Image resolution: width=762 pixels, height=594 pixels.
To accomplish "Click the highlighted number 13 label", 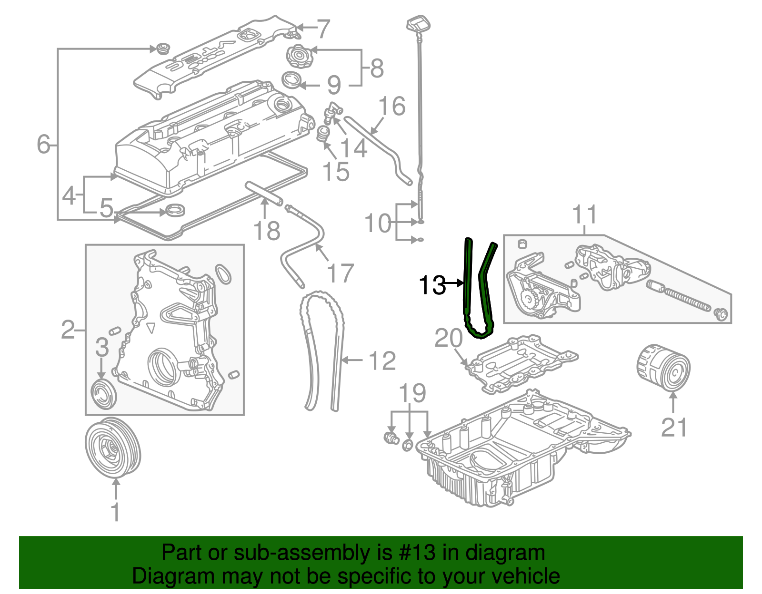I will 431,285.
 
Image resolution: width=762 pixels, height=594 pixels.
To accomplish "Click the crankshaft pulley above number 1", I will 113,447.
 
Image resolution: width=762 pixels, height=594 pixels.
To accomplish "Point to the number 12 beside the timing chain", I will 382,361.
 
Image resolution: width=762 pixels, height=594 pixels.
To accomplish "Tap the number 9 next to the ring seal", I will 334,86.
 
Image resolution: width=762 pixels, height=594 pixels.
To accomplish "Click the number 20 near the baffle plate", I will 448,339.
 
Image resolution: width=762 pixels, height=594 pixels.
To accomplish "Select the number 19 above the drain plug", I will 412,394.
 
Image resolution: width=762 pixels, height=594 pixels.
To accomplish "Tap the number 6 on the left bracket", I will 43,144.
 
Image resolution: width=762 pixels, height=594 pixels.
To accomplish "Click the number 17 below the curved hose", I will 341,273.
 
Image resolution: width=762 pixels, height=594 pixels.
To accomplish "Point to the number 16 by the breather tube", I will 392,106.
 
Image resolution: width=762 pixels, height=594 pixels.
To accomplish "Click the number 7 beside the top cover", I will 323,29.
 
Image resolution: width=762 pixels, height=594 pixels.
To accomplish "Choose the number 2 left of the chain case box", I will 68,330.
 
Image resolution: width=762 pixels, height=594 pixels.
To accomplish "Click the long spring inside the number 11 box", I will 686,299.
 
